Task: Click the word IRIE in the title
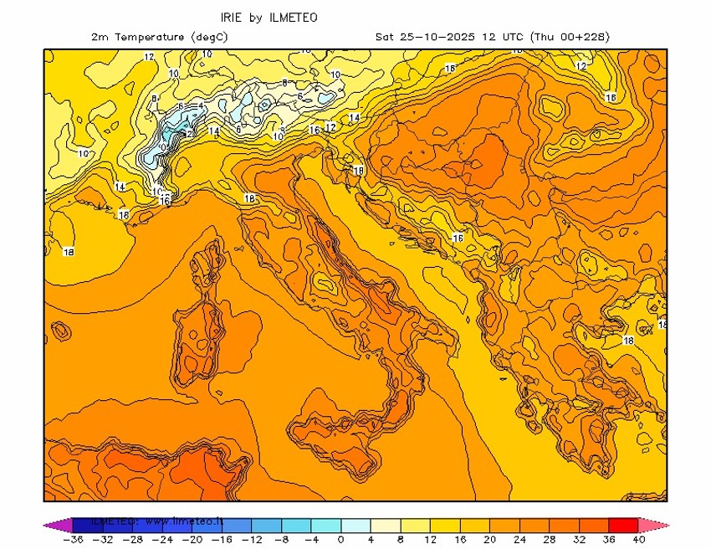click(x=233, y=18)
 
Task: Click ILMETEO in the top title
click(x=294, y=18)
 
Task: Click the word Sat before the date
click(x=384, y=38)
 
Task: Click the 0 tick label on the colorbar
click(x=340, y=540)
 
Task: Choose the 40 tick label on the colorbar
click(x=640, y=540)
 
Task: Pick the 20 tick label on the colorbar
click(x=490, y=540)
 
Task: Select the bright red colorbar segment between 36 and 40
click(x=624, y=525)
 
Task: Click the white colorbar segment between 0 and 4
click(x=355, y=525)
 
